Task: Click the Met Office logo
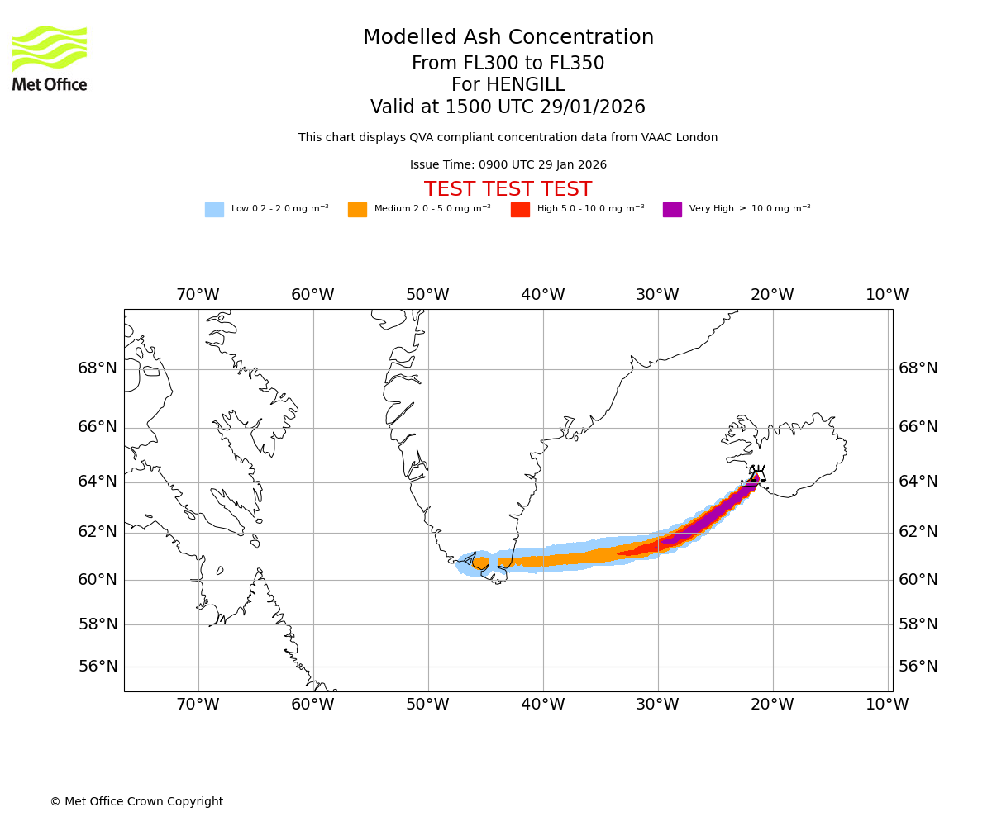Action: click(50, 58)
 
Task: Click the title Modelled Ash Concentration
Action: click(508, 38)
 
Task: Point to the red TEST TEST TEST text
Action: click(508, 190)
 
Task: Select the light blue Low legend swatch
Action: click(214, 210)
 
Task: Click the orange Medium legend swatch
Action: click(357, 210)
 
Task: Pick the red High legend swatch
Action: click(520, 210)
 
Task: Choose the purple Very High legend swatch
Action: click(672, 210)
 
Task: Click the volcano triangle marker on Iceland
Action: click(758, 475)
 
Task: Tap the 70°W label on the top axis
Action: click(198, 295)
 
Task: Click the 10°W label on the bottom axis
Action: click(887, 705)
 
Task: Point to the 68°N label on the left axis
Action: click(98, 368)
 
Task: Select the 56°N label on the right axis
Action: click(918, 667)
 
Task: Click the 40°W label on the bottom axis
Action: click(543, 705)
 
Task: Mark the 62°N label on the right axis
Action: click(918, 532)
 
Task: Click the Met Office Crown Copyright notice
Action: click(136, 802)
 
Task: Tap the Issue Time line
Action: click(508, 165)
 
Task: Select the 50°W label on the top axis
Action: click(427, 295)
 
